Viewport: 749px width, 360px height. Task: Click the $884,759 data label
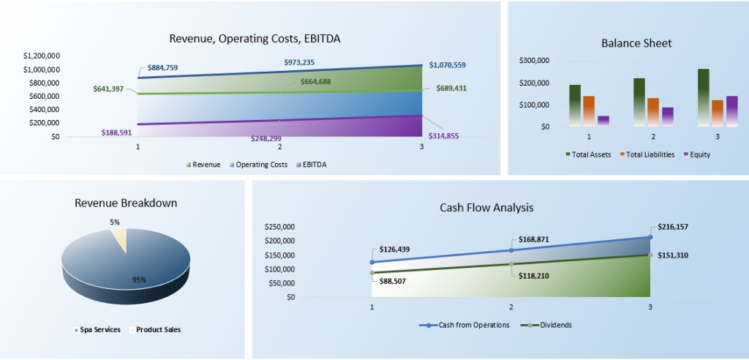(x=162, y=67)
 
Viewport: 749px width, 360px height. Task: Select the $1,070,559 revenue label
(x=448, y=65)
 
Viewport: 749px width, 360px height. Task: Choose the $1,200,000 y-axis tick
(x=41, y=56)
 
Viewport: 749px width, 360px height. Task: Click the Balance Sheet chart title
(x=636, y=43)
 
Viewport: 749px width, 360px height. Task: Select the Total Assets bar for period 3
(x=703, y=97)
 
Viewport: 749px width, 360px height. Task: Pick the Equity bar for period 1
(x=603, y=121)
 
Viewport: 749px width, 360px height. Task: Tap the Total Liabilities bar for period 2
(x=653, y=112)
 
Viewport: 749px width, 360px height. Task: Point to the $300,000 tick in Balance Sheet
(x=534, y=61)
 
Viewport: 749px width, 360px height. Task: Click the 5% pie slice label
(x=115, y=222)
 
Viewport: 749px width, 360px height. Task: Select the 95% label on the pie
(x=139, y=280)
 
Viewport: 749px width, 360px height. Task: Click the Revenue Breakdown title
(x=126, y=203)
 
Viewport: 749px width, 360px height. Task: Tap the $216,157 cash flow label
(x=672, y=227)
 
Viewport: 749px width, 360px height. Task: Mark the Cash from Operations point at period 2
(x=511, y=250)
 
